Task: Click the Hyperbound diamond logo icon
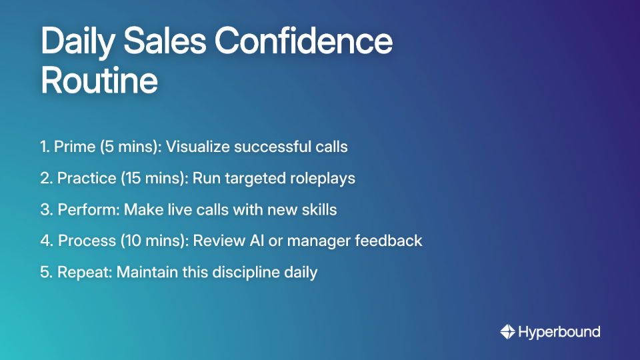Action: pyautogui.click(x=508, y=332)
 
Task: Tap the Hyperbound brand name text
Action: pyautogui.click(x=559, y=332)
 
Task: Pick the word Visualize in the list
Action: pyautogui.click(x=197, y=147)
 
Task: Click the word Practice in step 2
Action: pyautogui.click(x=84, y=178)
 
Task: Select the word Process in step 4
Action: pyautogui.click(x=86, y=241)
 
